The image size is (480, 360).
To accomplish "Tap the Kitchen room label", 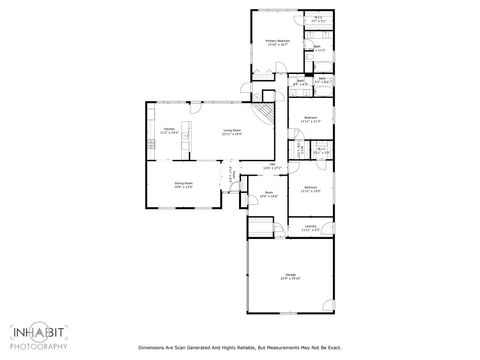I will point(167,129).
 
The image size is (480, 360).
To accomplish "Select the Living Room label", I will point(231,129).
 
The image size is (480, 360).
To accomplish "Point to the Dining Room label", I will point(183,183).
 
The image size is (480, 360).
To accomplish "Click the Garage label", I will point(290,274).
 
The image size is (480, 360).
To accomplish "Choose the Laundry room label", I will point(311,227).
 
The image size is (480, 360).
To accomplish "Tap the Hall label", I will point(272,164).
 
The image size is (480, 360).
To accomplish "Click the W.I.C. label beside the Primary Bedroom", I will point(318,17).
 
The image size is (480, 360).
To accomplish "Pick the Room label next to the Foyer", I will point(268,192).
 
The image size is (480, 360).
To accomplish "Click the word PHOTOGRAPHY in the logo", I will point(39,347).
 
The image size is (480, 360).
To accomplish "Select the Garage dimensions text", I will point(290,278).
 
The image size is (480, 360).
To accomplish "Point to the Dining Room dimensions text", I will point(183,187).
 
